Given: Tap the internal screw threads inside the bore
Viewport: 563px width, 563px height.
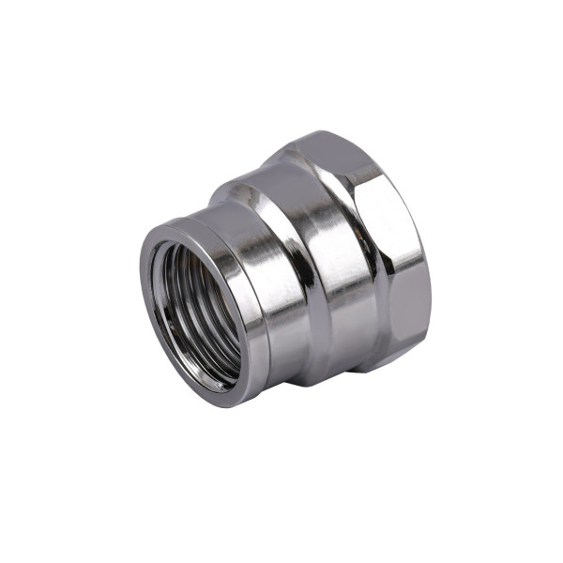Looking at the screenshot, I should [x=178, y=300].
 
